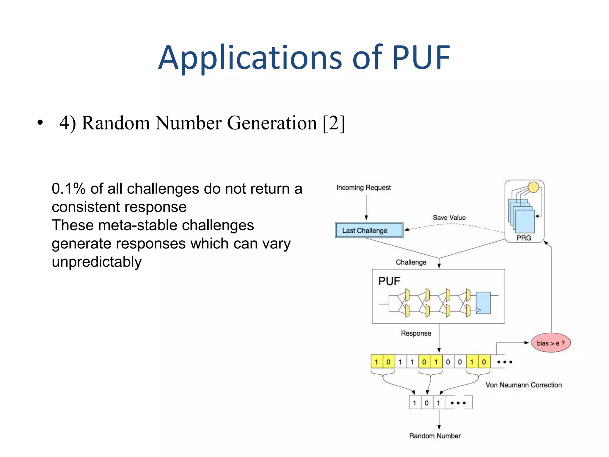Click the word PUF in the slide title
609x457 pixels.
coord(421,57)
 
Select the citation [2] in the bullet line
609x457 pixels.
coord(334,123)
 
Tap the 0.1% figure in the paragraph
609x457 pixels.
coord(68,189)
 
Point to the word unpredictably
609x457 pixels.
coord(97,262)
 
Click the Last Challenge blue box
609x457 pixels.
coord(369,230)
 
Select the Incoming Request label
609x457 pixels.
coord(363,187)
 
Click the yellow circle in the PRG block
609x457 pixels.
coord(533,187)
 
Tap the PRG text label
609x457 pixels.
coord(524,238)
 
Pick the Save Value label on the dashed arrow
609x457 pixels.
coord(449,217)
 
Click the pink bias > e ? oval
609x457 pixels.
coord(551,343)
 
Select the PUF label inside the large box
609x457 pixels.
coord(389,281)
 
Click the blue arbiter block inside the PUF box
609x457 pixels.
coord(483,303)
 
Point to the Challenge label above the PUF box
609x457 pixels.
coord(411,262)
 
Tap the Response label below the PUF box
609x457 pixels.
coord(416,333)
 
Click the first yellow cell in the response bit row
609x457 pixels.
coord(376,362)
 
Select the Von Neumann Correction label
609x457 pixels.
coord(523,385)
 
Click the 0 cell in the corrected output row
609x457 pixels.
coord(427,403)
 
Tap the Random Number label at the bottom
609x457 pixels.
coord(435,436)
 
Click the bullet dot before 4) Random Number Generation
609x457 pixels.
coord(40,123)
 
